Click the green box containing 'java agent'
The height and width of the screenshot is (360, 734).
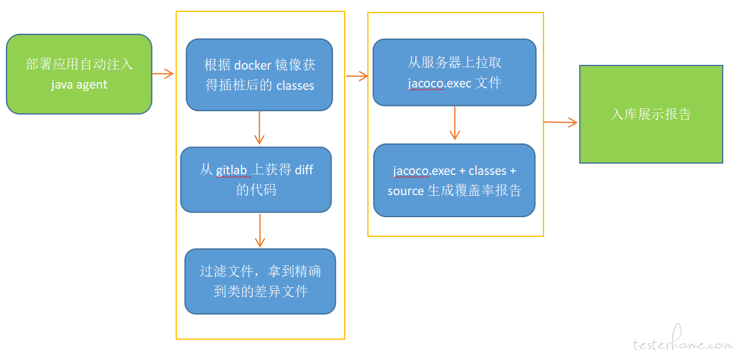point(79,74)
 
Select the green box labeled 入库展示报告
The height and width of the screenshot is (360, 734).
point(651,114)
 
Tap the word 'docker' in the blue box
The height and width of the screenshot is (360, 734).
point(252,65)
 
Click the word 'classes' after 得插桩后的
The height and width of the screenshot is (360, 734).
point(295,86)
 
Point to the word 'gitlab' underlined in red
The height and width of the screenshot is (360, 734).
point(231,170)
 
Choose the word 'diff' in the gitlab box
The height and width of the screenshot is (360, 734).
point(304,170)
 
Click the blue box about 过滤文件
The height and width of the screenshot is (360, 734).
point(260,281)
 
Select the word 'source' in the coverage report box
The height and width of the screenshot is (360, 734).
point(405,191)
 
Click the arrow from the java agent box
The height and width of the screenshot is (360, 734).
point(163,74)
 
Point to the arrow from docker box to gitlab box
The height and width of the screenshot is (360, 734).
point(259,128)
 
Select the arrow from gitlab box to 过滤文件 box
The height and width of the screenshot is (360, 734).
point(260,230)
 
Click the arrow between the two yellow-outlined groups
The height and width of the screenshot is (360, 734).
point(357,76)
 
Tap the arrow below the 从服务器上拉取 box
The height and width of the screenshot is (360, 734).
point(455,123)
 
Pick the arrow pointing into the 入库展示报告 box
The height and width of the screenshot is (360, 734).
point(560,122)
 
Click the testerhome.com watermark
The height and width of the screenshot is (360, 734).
point(683,339)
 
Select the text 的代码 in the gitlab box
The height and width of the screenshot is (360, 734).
point(257,190)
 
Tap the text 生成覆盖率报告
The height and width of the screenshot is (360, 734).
point(474,190)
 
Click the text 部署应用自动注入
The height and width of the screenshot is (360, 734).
point(79,64)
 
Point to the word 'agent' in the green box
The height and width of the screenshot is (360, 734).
point(92,85)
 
